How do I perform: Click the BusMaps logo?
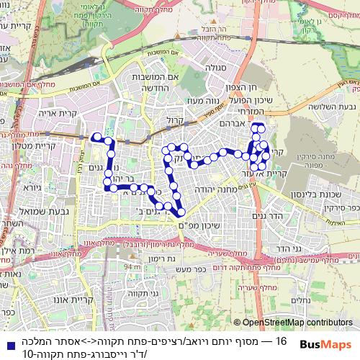coord(325,344)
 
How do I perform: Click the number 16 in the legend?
coord(281,341)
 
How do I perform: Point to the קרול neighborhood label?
coord(176,122)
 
